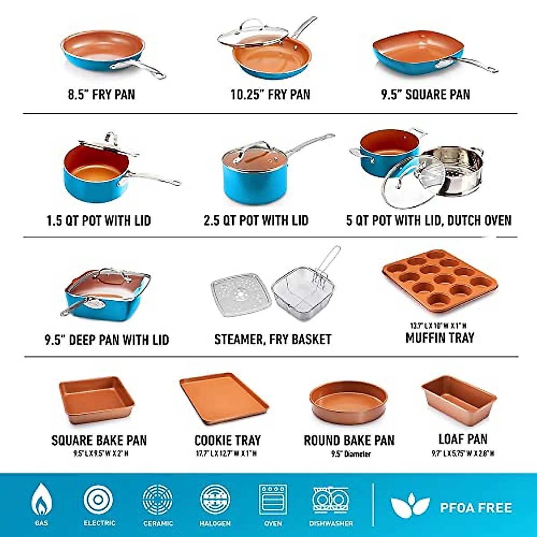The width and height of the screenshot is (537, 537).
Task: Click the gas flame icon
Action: pos(41,500)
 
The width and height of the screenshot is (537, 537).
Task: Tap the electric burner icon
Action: pos(98,499)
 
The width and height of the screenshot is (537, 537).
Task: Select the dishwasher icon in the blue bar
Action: pos(331,499)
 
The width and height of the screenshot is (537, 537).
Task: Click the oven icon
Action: pos(273,499)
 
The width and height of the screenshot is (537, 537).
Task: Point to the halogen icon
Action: pos(215,499)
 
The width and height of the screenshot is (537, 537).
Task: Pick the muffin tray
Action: pos(439,282)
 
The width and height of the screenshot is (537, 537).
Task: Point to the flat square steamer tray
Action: pos(241,295)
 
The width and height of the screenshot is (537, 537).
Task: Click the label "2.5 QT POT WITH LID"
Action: pos(256,221)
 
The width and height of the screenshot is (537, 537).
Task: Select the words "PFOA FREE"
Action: pos(475,508)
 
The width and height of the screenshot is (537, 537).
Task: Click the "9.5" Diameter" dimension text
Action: pos(350,454)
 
